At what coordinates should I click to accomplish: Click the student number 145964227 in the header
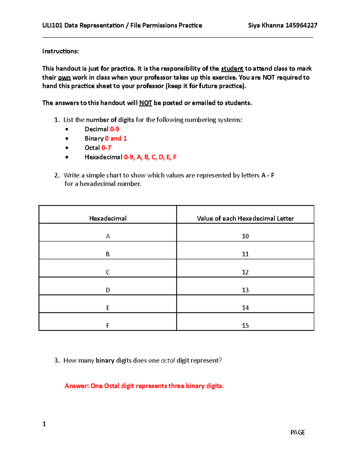(301, 26)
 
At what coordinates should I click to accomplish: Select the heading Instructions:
(60, 51)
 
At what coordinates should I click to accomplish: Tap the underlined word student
(232, 69)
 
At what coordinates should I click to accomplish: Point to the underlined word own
(64, 77)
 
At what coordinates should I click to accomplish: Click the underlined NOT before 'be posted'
(145, 103)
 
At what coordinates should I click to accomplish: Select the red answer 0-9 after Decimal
(115, 129)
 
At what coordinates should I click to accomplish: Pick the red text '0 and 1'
(116, 138)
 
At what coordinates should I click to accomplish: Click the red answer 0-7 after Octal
(106, 148)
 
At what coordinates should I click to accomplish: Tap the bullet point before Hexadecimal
(67, 157)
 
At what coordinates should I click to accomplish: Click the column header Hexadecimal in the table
(108, 218)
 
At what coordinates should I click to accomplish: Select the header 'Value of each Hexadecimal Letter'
(245, 218)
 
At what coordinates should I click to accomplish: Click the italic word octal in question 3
(168, 360)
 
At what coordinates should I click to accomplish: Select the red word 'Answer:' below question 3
(77, 386)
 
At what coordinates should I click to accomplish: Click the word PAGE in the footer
(298, 432)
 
